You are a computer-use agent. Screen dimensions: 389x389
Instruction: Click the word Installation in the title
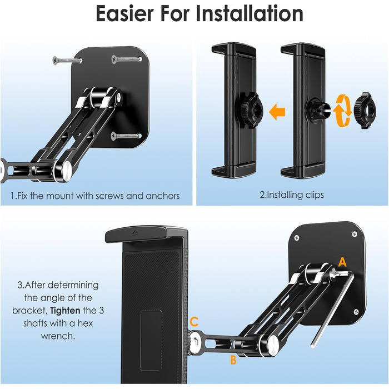coord(250,14)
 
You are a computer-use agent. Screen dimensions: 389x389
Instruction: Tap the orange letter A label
coord(342,262)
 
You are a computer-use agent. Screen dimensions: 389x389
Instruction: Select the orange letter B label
coord(233,360)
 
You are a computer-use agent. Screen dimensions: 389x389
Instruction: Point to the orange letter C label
coord(194,322)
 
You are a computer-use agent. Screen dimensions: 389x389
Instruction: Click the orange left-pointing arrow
coord(277,112)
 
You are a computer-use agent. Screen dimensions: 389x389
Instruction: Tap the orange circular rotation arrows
coord(343,111)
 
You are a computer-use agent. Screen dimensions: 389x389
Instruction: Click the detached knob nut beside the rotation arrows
coord(365,111)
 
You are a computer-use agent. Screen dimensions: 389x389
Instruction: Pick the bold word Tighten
coord(65,311)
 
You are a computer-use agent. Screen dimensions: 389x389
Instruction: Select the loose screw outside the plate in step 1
coord(67,60)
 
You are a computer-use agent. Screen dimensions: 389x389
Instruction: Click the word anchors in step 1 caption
coord(163,196)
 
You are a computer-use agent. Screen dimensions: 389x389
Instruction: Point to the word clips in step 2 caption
coord(315,194)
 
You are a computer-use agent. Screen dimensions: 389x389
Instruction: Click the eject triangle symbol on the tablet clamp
coord(134,233)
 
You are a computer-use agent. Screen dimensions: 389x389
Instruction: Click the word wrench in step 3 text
coord(58,336)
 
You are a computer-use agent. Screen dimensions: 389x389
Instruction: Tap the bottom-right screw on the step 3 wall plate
coord(356,312)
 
